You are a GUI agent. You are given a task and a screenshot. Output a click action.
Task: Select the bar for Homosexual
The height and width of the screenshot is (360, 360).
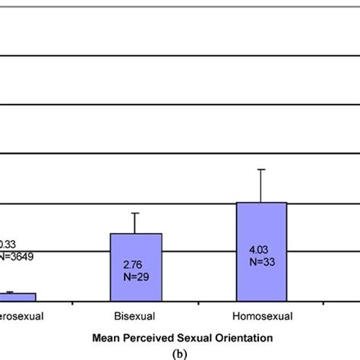pyautogui.click(x=261, y=251)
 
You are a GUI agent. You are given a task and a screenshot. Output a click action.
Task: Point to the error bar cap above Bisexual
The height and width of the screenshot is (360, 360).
pyautogui.click(x=136, y=213)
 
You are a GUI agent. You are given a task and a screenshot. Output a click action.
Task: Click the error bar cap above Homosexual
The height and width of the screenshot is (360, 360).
pyautogui.click(x=261, y=169)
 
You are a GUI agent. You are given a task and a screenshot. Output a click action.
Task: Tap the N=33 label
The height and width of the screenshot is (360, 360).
pyautogui.click(x=261, y=260)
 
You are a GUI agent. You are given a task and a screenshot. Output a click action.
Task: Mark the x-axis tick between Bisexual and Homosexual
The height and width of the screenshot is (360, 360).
pyautogui.click(x=199, y=303)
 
